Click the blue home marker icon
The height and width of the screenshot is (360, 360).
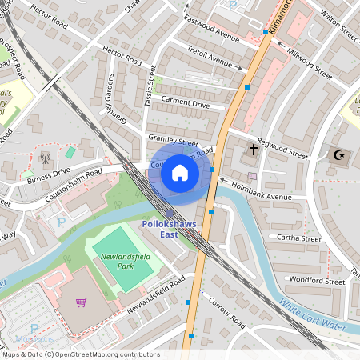[180, 173]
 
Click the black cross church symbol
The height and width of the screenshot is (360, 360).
[254, 150]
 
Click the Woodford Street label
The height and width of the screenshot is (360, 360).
[316, 281]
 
